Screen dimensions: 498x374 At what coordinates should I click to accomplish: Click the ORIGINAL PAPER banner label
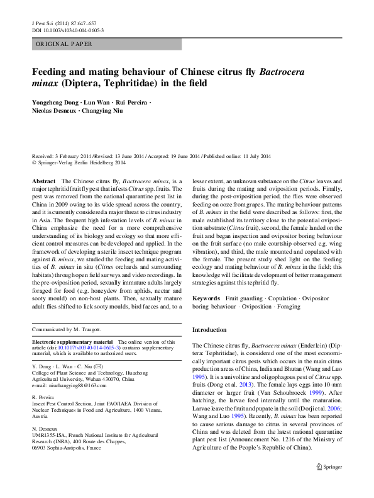(64, 44)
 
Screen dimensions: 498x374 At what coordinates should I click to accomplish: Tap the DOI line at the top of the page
(67, 30)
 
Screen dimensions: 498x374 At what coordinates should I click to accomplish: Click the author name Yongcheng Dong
(56, 103)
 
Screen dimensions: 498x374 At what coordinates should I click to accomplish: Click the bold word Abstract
(43, 181)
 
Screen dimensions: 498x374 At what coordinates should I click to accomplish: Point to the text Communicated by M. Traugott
(67, 329)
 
